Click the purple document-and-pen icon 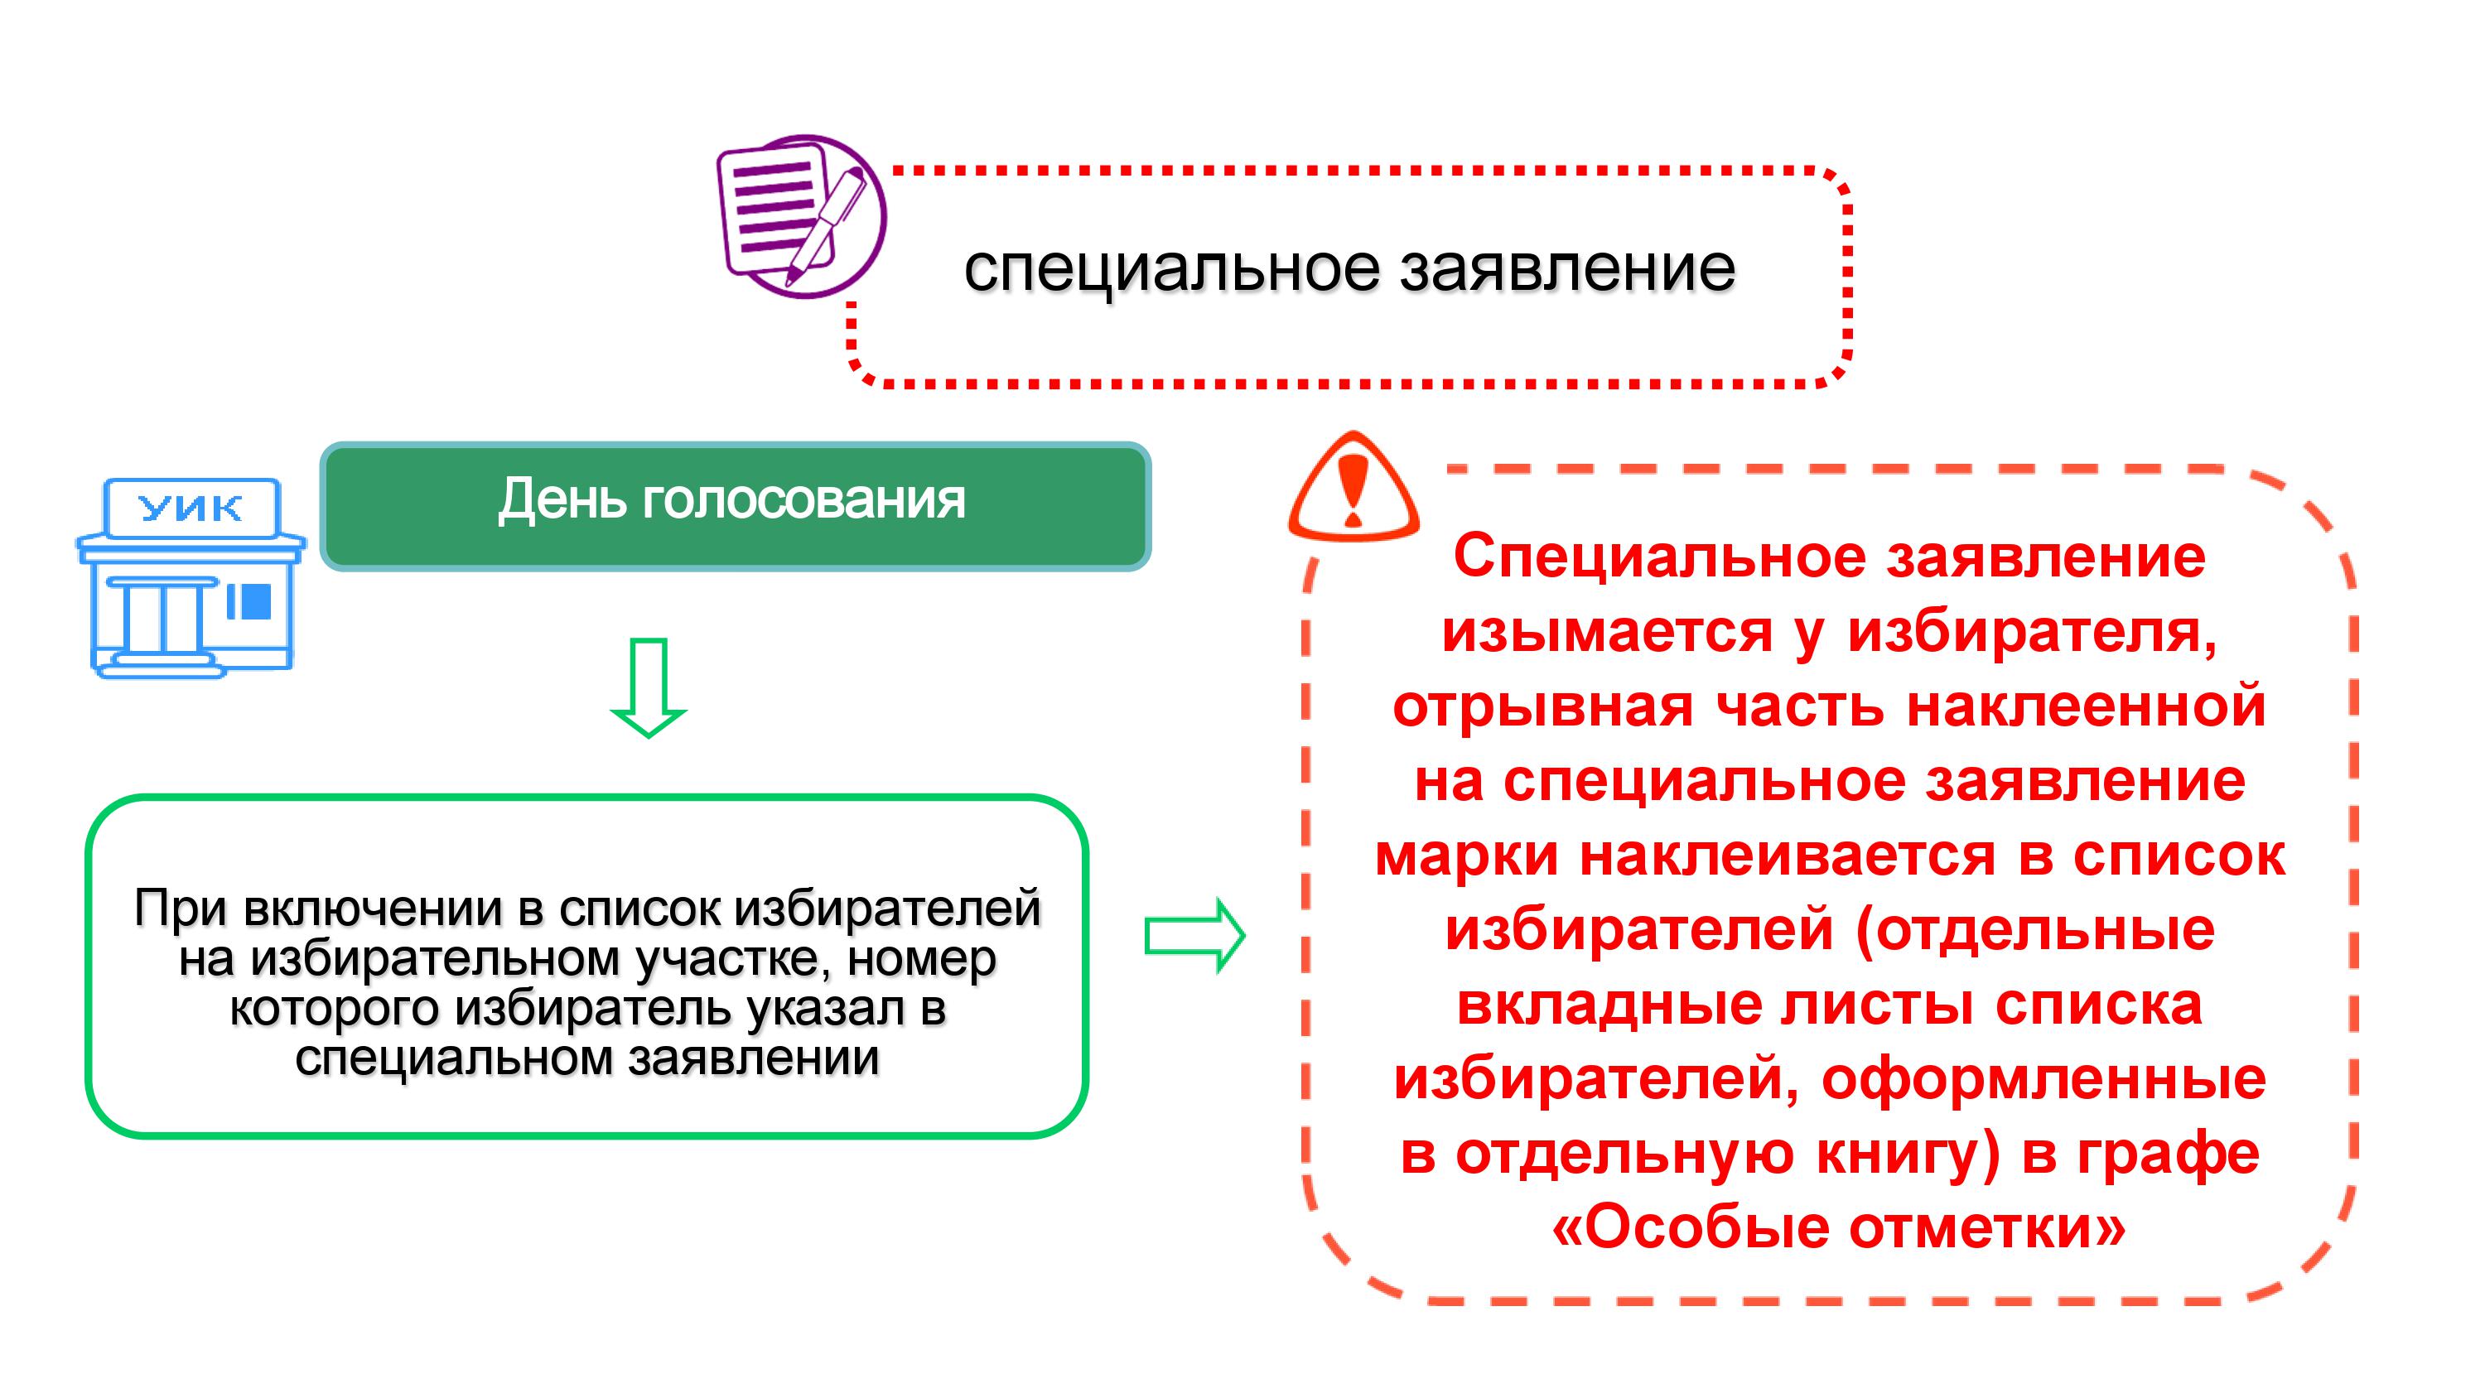[x=801, y=215]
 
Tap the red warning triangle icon [x=1353, y=486]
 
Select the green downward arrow [x=649, y=687]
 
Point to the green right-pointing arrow [x=1194, y=935]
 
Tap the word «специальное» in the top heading [x=1172, y=269]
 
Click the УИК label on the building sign [x=191, y=508]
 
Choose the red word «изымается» [x=1607, y=632]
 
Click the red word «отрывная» [x=1543, y=706]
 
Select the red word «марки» [x=1466, y=856]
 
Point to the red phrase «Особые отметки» [x=1839, y=1228]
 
